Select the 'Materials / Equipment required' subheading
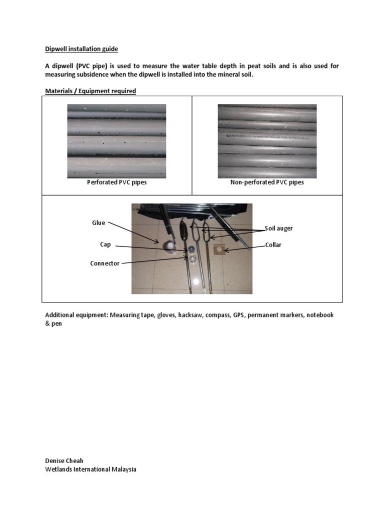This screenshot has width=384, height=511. click(90, 91)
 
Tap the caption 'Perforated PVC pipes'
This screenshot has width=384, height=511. click(116, 183)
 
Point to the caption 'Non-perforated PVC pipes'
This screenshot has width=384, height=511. click(267, 183)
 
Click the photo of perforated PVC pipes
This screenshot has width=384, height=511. click(116, 141)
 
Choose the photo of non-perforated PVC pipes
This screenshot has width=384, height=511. click(267, 141)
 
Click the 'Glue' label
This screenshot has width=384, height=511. click(98, 223)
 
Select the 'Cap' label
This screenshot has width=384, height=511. click(105, 245)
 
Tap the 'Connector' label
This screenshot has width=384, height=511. click(105, 263)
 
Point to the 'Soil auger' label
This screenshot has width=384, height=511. click(279, 228)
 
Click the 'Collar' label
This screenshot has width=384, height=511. click(273, 245)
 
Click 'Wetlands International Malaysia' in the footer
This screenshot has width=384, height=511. click(90, 469)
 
